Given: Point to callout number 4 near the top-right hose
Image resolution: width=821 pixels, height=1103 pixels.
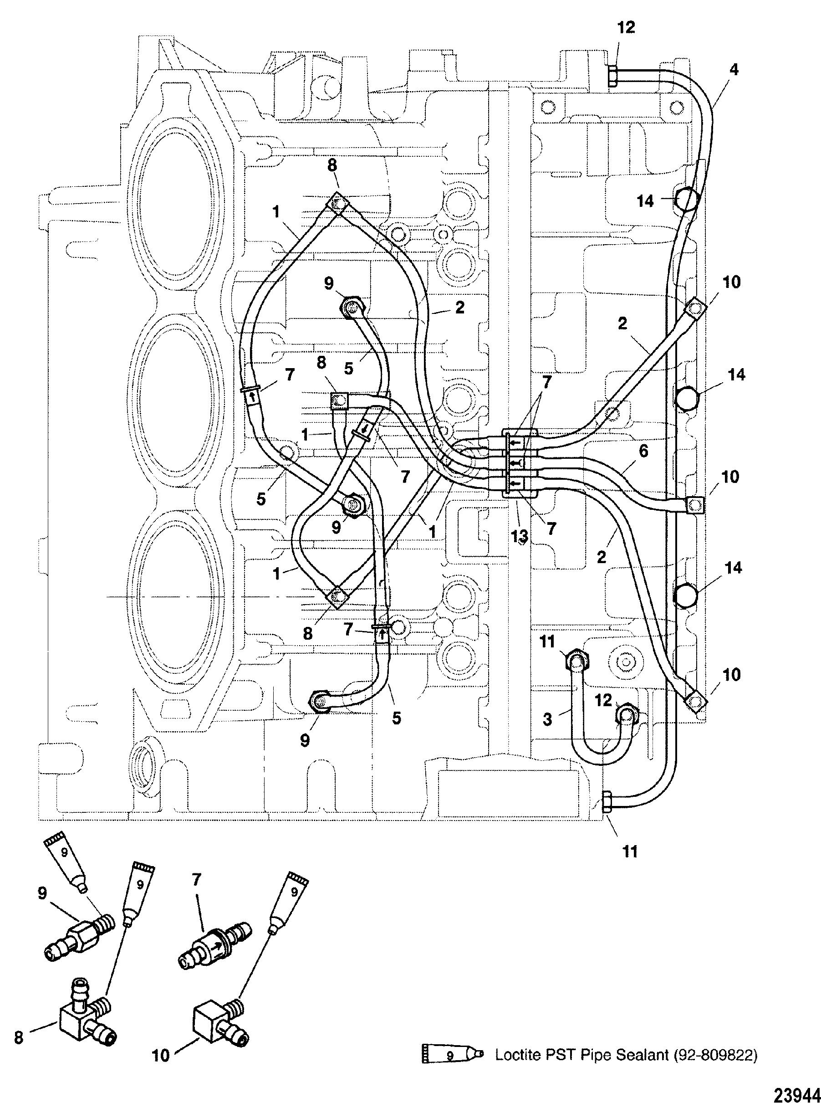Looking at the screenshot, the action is click(x=734, y=70).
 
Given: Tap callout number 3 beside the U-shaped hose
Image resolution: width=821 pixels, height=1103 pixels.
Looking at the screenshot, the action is click(x=547, y=719).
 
